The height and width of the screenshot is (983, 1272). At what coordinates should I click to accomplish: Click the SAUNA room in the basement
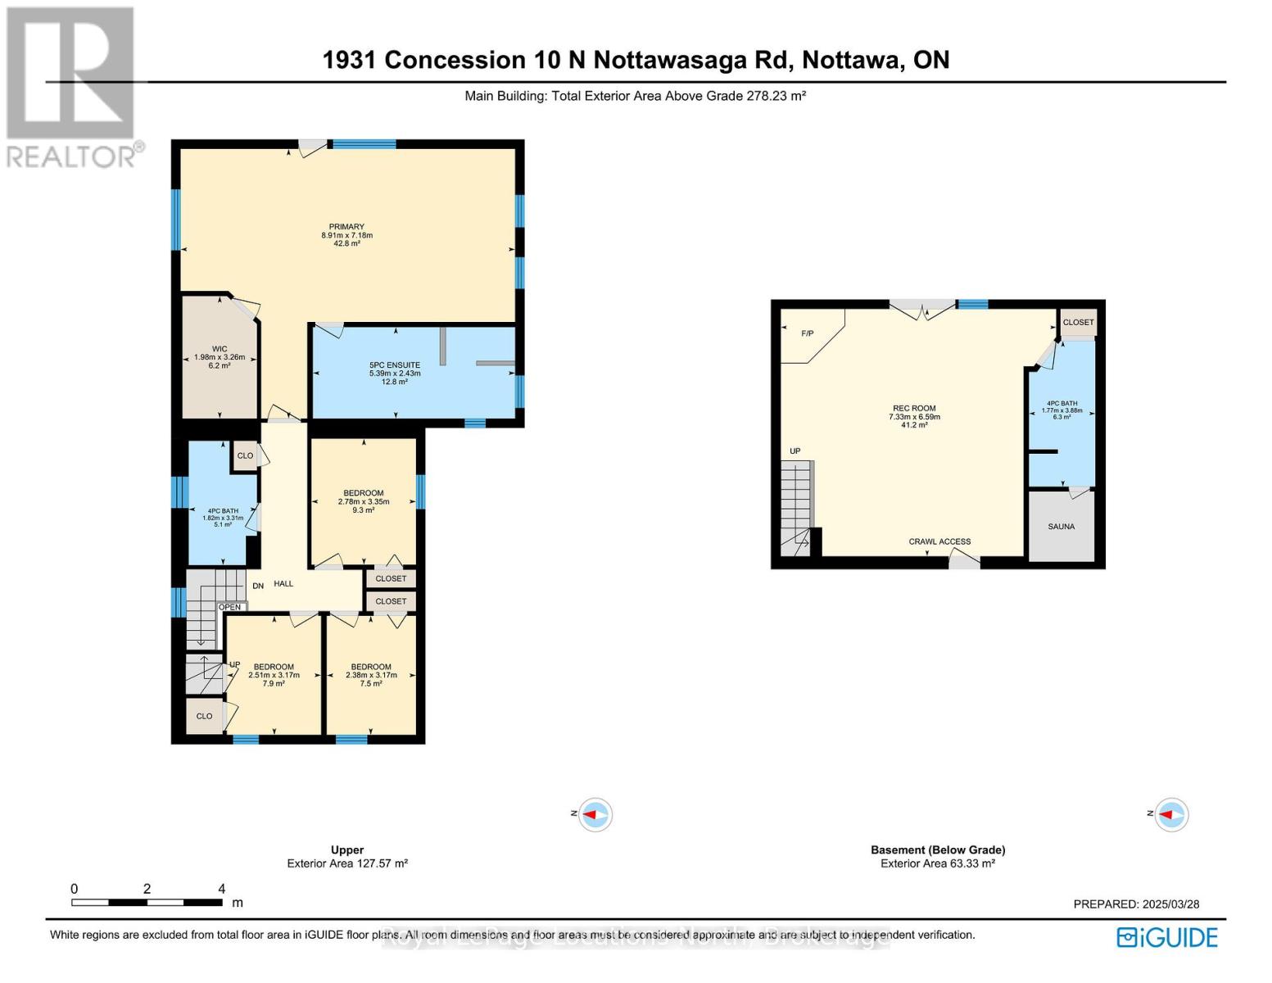click(x=1061, y=527)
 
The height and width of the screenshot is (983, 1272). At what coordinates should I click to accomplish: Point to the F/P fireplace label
click(x=807, y=333)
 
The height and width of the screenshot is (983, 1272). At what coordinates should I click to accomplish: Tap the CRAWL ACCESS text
click(x=939, y=541)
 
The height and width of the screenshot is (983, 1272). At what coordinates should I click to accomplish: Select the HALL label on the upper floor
click(x=283, y=584)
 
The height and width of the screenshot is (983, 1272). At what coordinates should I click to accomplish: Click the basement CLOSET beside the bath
click(x=1078, y=322)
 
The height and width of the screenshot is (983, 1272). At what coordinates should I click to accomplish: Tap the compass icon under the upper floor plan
click(x=595, y=815)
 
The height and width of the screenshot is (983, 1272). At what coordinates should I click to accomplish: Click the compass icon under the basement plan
click(x=1171, y=814)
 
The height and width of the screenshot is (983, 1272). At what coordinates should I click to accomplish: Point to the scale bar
click(x=147, y=903)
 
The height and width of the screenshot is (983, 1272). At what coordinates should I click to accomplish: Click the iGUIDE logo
click(x=1167, y=937)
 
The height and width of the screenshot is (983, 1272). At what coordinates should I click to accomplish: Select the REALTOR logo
click(x=72, y=86)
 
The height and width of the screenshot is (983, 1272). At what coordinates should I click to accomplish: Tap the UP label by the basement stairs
click(x=795, y=451)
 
